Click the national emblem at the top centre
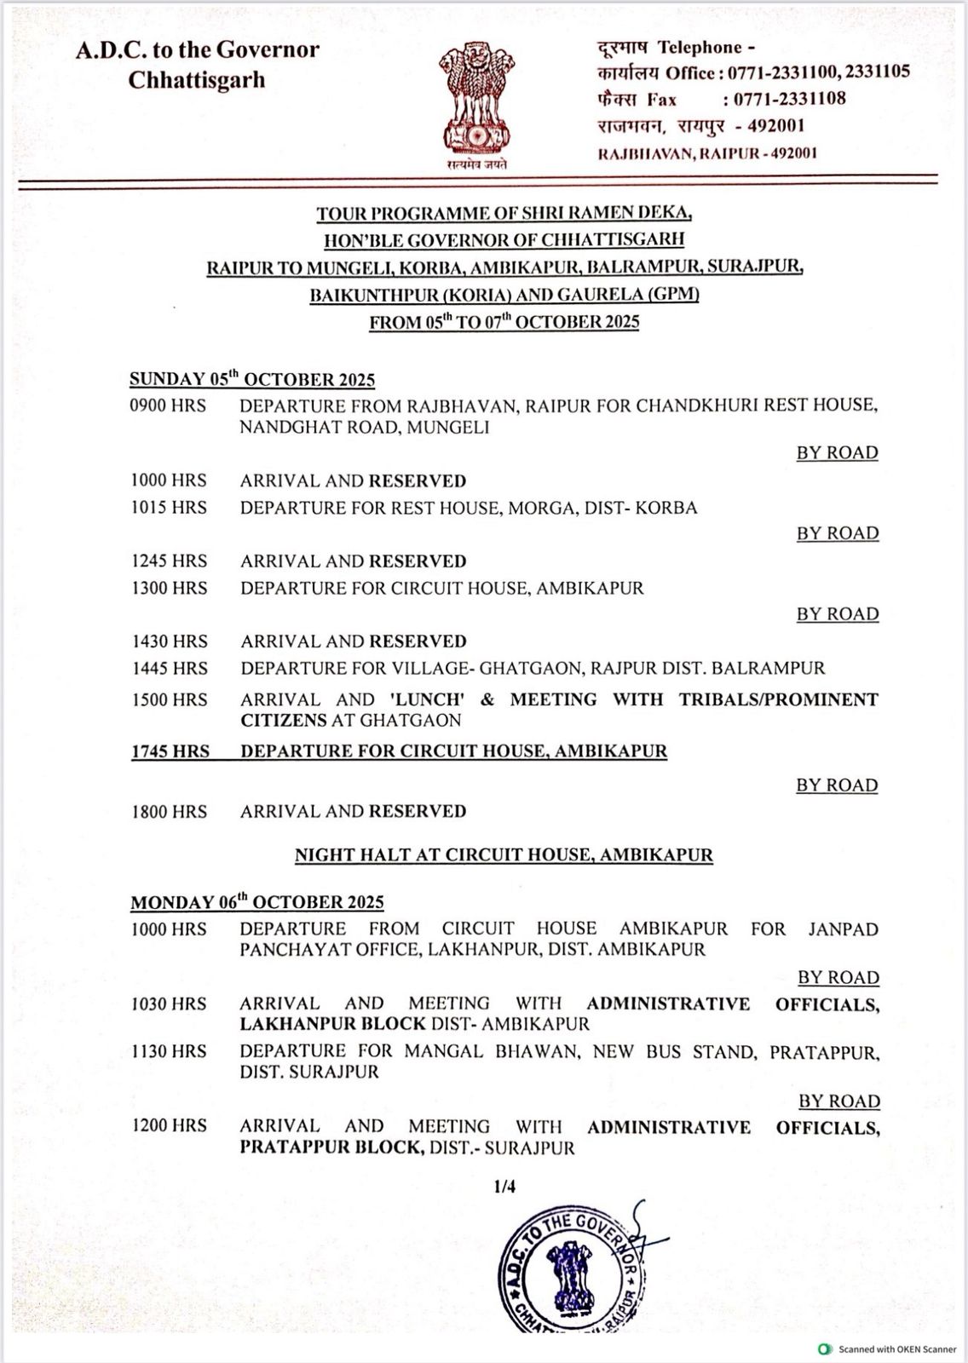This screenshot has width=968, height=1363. click(x=477, y=101)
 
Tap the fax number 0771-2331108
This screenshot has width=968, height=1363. click(x=790, y=99)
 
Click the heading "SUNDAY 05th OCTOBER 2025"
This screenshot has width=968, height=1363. click(x=252, y=379)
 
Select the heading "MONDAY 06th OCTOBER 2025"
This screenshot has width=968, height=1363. click(x=256, y=902)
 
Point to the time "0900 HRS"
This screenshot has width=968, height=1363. click(x=168, y=405)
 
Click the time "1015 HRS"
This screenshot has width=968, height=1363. click(x=169, y=508)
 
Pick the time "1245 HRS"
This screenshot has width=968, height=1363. click(x=169, y=561)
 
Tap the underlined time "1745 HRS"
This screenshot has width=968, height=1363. click(x=170, y=751)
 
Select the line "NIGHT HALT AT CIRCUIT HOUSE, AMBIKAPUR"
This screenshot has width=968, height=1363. click(x=504, y=854)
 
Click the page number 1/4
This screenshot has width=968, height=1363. click(x=504, y=1187)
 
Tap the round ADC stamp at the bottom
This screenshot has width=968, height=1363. click(x=571, y=1270)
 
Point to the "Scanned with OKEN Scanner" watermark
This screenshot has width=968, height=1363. click(x=888, y=1349)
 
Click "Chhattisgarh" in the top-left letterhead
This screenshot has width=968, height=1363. click(x=197, y=80)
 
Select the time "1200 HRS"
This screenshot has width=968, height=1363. click(x=169, y=1126)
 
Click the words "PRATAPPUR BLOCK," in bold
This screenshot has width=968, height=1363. click(x=331, y=1147)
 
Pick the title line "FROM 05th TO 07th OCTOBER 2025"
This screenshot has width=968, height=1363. click(x=504, y=322)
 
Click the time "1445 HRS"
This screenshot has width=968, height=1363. click(x=169, y=669)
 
